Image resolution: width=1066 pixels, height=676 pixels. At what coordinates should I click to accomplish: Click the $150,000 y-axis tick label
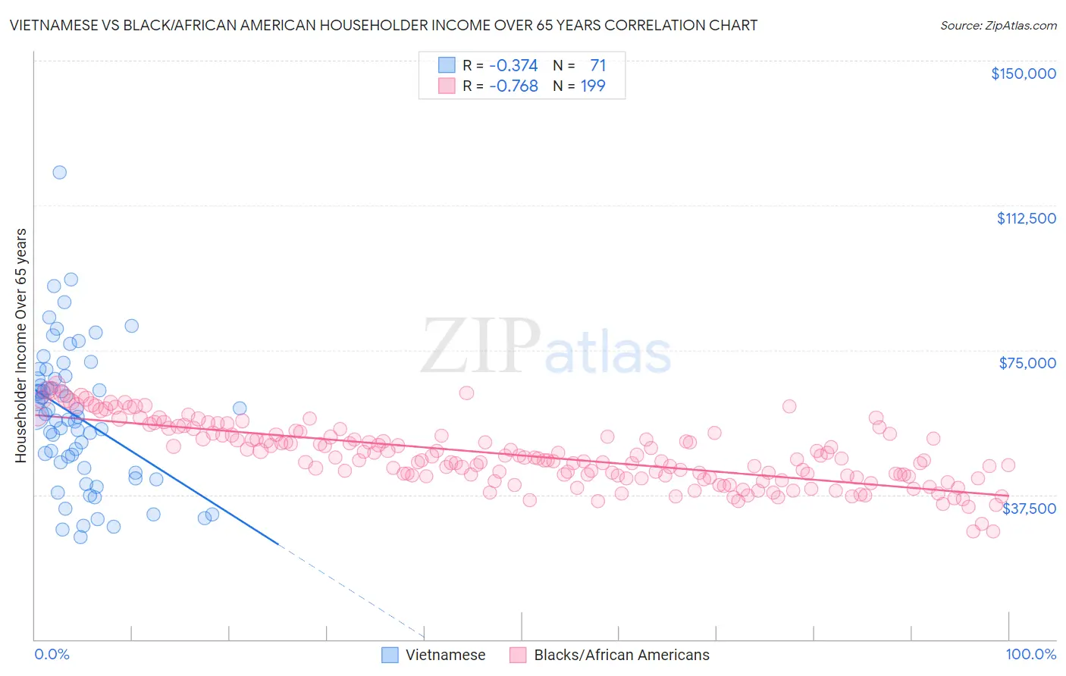tap(1023, 74)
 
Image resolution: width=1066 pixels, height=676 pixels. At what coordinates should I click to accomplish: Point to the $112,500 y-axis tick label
tap(1026, 218)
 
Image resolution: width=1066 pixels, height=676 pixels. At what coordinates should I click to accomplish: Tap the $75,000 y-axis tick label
tap(1027, 363)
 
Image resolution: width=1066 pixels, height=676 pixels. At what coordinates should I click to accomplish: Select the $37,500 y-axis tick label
tap(1029, 509)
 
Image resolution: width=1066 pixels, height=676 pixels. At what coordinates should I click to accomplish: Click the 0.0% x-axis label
tap(52, 654)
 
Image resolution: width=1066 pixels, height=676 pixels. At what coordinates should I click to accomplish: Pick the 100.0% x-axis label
tap(1030, 654)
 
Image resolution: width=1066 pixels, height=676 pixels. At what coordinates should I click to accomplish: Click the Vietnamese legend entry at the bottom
tap(445, 655)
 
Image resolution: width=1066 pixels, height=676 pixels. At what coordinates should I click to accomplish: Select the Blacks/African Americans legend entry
tap(621, 655)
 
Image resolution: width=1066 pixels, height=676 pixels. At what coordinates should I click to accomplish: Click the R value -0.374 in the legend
tap(513, 65)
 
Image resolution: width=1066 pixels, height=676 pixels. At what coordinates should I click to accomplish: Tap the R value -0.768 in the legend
tap(513, 86)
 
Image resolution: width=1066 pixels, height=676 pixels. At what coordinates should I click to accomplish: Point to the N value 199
tap(593, 86)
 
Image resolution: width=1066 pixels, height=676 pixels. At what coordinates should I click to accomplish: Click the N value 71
tap(597, 65)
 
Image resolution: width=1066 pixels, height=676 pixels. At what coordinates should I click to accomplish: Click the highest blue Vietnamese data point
tap(59, 172)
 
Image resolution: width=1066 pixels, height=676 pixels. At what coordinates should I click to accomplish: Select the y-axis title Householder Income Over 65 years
tap(21, 345)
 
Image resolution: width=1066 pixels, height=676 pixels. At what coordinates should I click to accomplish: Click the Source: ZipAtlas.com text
tap(998, 26)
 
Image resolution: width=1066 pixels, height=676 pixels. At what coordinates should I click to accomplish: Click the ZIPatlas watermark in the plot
tap(546, 347)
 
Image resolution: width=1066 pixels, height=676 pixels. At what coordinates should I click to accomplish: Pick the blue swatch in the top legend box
tap(447, 65)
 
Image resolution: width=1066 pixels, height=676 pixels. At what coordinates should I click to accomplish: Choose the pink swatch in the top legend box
tap(447, 86)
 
